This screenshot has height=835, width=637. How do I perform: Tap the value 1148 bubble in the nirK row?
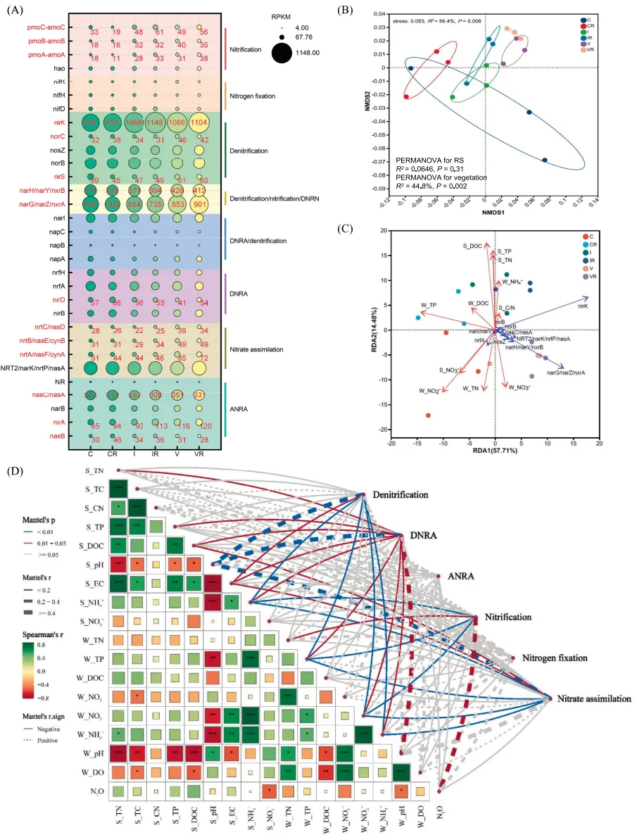145,123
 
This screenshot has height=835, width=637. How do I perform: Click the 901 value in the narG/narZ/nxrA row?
200,203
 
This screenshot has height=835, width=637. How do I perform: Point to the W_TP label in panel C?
429,305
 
